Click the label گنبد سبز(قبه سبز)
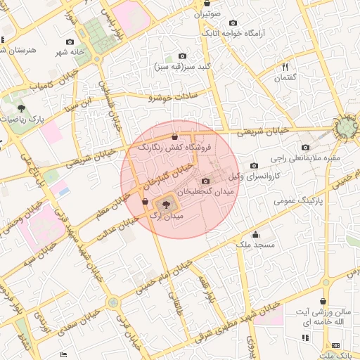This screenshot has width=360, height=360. tap(182, 67)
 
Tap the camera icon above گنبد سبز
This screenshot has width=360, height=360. tap(183, 56)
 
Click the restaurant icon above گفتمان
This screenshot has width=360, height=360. tap(285, 67)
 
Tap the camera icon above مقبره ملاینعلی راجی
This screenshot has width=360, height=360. tap(305, 148)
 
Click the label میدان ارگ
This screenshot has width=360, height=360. tap(167, 217)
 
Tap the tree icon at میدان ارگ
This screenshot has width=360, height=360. tap(166, 205)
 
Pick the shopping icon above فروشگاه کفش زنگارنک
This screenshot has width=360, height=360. tap(174, 136)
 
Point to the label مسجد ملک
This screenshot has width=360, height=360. tap(255, 245)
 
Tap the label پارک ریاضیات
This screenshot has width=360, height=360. tap(22, 120)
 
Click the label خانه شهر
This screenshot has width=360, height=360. tap(71, 52)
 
